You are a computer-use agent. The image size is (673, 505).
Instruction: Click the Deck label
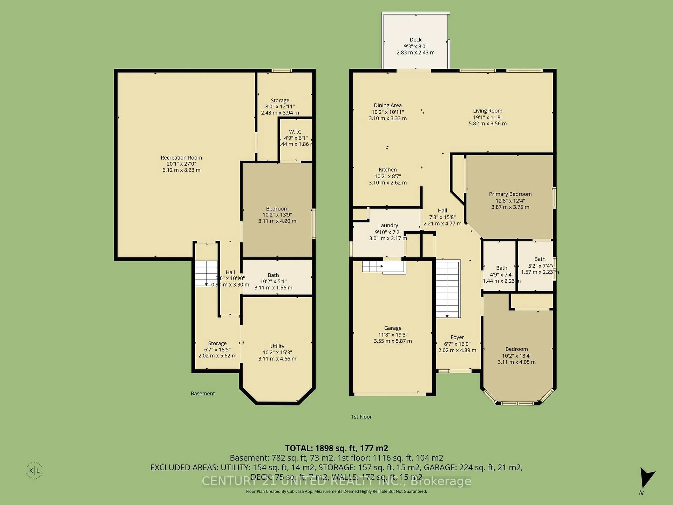click(415, 40)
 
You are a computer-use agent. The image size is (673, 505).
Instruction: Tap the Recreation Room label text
click(181, 158)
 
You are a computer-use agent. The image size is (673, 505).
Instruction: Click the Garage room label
click(393, 328)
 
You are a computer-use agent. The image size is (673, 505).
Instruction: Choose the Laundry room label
click(388, 225)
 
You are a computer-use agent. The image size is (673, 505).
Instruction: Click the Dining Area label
click(388, 106)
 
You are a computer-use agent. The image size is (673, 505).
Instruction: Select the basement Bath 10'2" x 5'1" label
click(273, 275)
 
